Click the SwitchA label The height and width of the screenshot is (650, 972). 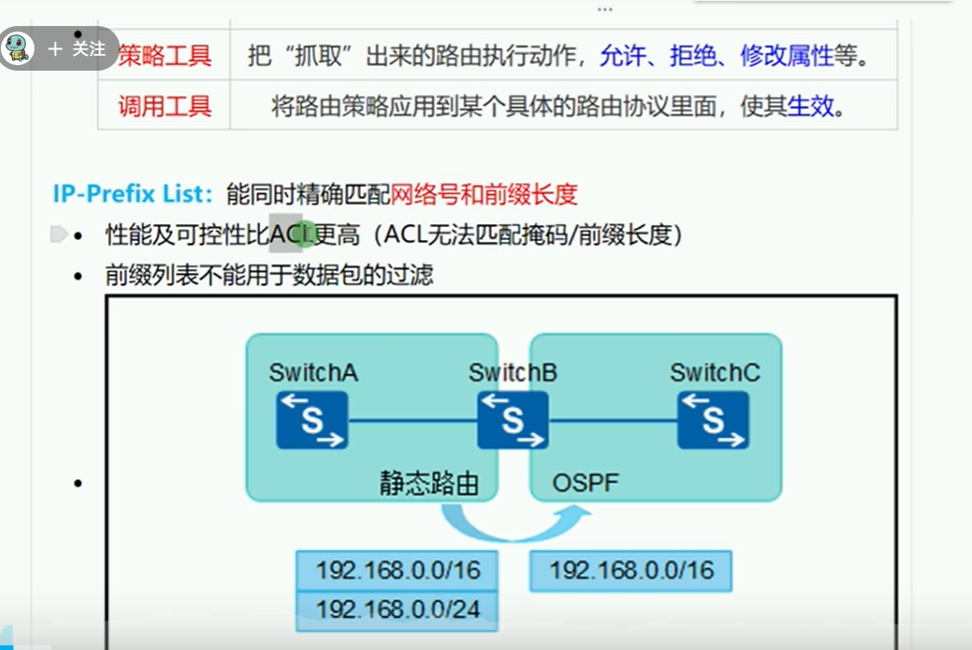(x=313, y=373)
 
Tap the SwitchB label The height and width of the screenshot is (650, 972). (x=513, y=373)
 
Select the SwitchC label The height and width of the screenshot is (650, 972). (x=714, y=373)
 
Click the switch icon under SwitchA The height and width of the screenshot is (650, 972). (x=312, y=419)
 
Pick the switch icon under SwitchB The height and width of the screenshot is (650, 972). (x=513, y=419)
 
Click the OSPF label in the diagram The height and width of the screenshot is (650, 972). (x=585, y=483)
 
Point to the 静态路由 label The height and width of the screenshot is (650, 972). (x=429, y=483)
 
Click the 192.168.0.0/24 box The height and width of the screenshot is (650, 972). (x=397, y=609)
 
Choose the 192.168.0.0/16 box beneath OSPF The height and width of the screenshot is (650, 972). (x=631, y=570)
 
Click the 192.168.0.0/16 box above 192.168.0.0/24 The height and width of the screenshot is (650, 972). (x=397, y=570)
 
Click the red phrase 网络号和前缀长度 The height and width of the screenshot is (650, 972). (x=484, y=194)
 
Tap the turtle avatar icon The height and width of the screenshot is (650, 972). (x=18, y=48)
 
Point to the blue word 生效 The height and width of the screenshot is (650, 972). (x=810, y=106)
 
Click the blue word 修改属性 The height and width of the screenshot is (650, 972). (x=786, y=56)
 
